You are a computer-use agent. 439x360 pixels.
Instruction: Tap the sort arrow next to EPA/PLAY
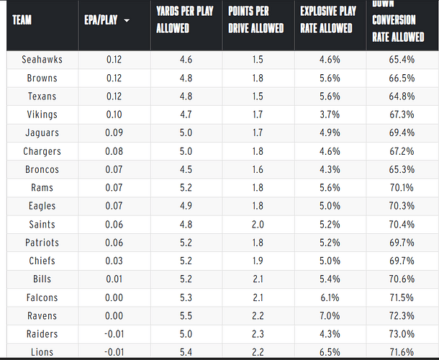[x=127, y=21]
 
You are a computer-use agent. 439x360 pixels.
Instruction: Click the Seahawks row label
[x=42, y=59]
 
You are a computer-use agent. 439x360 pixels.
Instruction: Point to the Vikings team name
[x=42, y=114]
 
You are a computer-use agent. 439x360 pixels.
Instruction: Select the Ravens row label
[x=42, y=315]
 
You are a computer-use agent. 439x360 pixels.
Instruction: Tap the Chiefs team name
[x=42, y=261]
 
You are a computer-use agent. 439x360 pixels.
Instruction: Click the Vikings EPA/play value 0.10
[x=114, y=114]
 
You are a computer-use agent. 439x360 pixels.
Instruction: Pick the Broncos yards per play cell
[x=186, y=169]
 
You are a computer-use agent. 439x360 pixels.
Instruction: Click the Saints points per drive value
[x=258, y=224]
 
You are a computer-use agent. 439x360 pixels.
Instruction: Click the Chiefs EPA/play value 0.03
[x=114, y=261]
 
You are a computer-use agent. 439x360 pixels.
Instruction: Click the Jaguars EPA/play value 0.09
[x=114, y=132]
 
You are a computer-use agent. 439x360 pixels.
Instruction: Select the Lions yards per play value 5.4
[x=186, y=352]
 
